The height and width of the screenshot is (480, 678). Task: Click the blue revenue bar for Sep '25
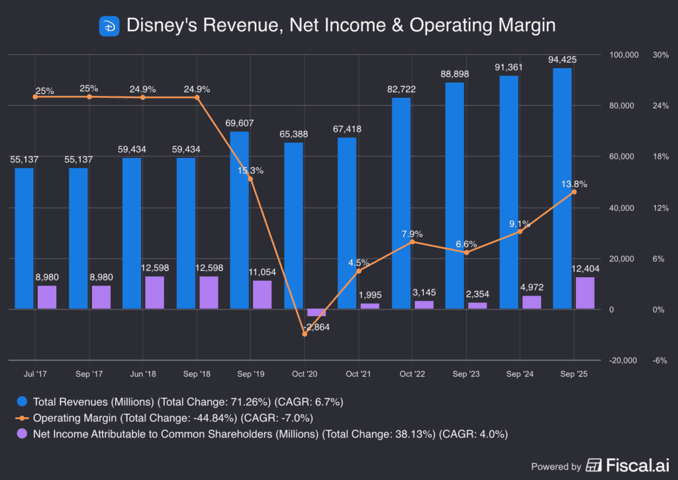coord(562,188)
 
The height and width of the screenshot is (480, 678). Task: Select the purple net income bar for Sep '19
coord(262,295)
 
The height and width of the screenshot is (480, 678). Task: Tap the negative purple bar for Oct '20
coord(316,313)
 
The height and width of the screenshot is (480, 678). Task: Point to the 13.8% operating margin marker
coord(574,192)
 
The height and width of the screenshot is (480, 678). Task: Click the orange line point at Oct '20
coord(305,335)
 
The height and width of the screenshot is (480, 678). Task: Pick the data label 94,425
coord(562,60)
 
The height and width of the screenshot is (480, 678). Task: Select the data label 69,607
coord(240,124)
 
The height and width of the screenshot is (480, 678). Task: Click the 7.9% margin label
coord(412,234)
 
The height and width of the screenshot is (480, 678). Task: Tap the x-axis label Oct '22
coord(412,374)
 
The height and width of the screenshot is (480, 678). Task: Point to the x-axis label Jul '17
coord(36,374)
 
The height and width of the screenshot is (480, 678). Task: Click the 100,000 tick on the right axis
coord(622,55)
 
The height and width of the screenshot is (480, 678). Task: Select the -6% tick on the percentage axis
coord(660,360)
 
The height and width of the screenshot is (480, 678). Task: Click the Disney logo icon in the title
coord(108,26)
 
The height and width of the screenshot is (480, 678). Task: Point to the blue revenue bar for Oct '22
coord(401,204)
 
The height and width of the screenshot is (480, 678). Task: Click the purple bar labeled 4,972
coord(532,302)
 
